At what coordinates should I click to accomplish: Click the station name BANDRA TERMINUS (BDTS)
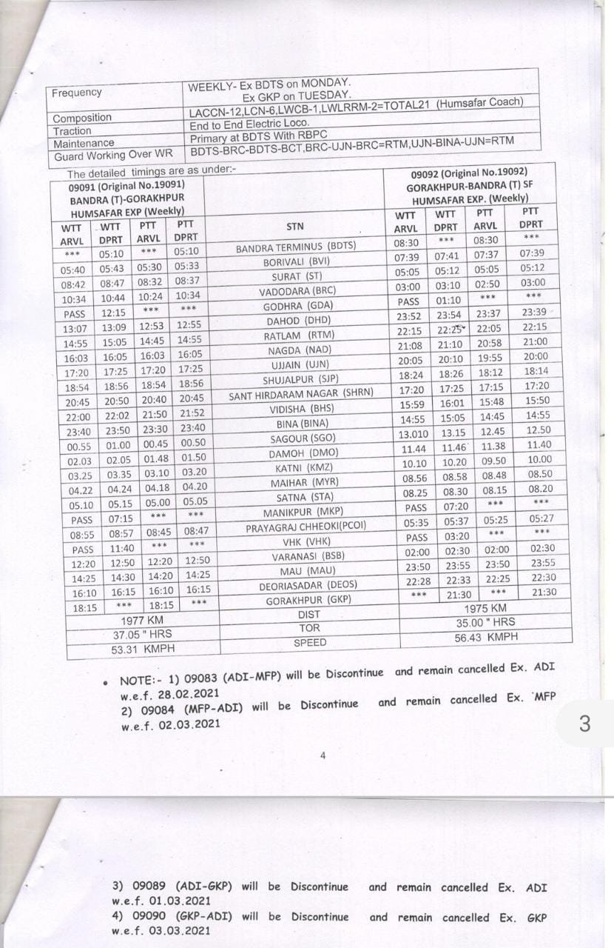coord(296,246)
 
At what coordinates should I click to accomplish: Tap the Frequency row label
coord(77,93)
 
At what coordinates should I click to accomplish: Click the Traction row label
coord(72,131)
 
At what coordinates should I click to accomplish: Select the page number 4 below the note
coord(323,755)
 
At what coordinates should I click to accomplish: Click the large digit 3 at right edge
coord(584,724)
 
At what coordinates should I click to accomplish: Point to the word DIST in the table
coord(308,615)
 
